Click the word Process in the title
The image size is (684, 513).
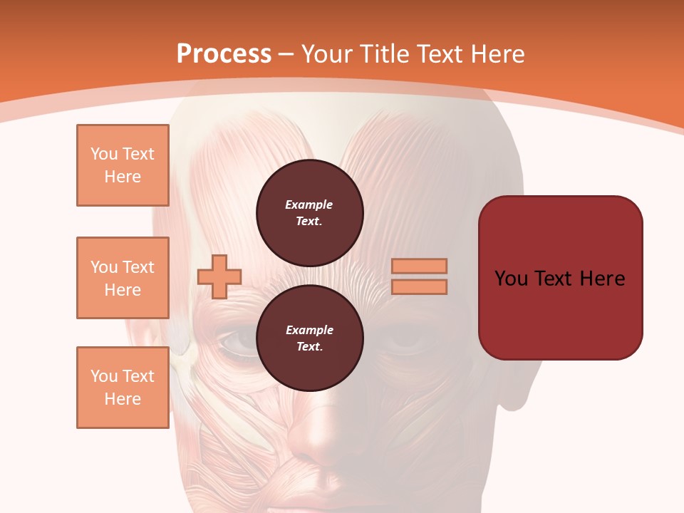point(224,53)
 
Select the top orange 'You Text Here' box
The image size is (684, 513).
point(123,165)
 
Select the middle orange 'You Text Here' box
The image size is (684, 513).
point(123,278)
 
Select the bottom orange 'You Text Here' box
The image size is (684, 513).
point(123,388)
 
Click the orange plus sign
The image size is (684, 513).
point(219,276)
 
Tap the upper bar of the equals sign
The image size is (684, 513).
point(420,266)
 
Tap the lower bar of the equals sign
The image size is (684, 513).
point(420,286)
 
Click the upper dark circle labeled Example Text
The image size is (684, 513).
point(310,213)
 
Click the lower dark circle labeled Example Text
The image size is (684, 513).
point(310,338)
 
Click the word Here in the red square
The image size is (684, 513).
point(602,278)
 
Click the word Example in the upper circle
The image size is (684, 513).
point(309,204)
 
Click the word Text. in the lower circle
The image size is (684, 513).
point(309,347)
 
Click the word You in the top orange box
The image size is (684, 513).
point(104,154)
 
